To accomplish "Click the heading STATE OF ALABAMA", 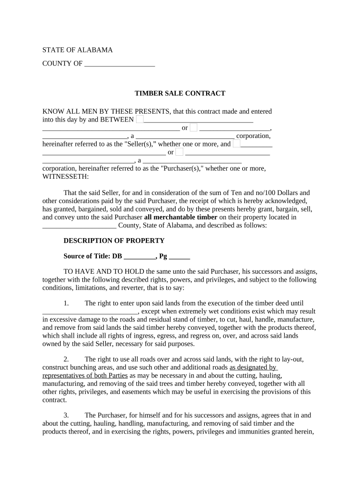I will coord(77,50).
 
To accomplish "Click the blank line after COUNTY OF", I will coord(120,64).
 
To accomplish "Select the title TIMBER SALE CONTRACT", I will coord(180,93).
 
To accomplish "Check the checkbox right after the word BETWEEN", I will coord(140,120).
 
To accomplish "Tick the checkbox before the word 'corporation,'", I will coord(194,128).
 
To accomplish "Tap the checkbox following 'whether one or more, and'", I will coord(237,144).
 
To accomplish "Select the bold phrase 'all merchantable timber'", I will coord(180,217).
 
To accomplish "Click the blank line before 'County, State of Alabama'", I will coord(79,225).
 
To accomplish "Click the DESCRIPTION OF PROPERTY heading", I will coord(114,240).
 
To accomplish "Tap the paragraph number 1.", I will coord(66,303).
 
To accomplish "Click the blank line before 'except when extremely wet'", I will coord(90,312).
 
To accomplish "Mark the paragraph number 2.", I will coord(66,359).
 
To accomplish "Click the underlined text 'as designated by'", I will coord(253,367).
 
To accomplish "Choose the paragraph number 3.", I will coord(66,415).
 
